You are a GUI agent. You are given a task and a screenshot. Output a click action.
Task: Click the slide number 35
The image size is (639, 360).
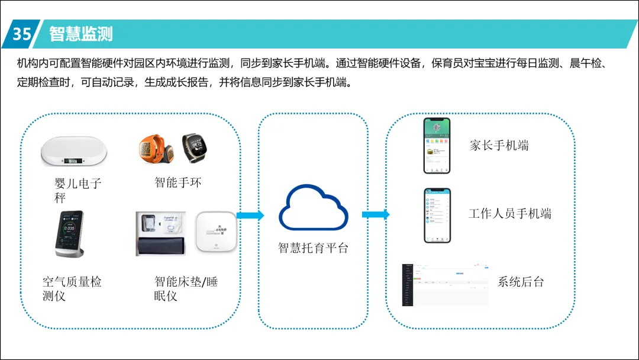click(x=22, y=34)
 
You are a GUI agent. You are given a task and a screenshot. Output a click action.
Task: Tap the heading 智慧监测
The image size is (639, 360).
click(x=81, y=34)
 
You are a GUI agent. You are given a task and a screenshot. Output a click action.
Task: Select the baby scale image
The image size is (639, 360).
click(x=74, y=152)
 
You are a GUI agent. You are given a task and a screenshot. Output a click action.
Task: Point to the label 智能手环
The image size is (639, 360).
click(x=178, y=182)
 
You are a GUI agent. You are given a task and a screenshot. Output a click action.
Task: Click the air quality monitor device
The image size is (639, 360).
click(x=70, y=234)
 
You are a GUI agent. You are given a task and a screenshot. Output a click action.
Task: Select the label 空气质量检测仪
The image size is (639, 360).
click(x=72, y=289)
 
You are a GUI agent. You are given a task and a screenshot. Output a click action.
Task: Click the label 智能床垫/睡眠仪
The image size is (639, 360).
click(x=186, y=288)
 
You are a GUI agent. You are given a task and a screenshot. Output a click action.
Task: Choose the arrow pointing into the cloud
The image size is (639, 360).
click(x=250, y=216)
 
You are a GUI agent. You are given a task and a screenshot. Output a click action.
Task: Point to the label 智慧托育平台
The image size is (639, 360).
click(x=314, y=248)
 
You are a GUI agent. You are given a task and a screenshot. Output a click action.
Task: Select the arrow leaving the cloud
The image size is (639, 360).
click(x=376, y=215)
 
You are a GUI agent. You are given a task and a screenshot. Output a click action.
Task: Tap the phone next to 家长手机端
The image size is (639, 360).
click(x=437, y=146)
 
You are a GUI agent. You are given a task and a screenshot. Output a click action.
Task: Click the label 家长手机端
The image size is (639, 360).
click(x=499, y=146)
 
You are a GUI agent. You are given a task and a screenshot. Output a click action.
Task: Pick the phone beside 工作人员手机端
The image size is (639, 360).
click(x=437, y=216)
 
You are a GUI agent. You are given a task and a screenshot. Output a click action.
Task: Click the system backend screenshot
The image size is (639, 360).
click(x=446, y=285)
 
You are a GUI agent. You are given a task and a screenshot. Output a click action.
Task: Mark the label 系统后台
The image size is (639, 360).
click(x=520, y=282)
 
